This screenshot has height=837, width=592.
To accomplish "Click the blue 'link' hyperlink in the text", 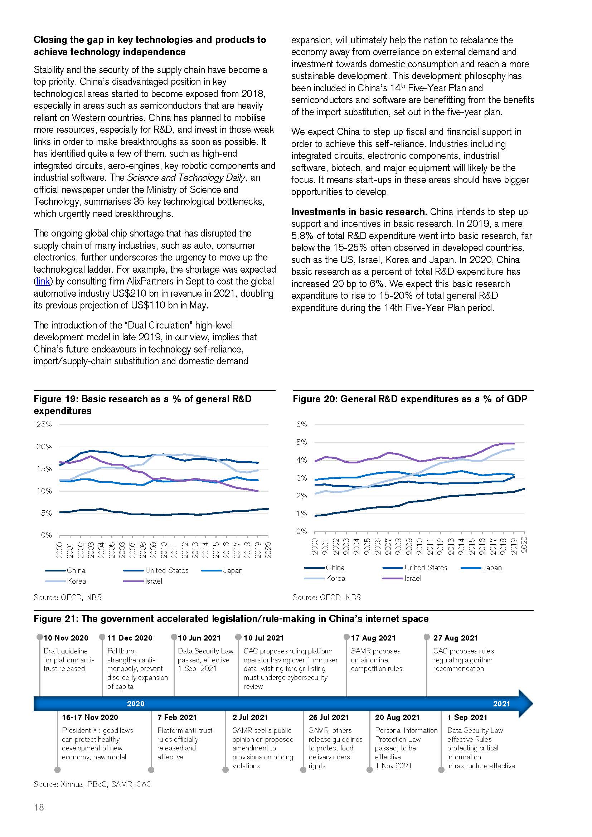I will [43, 281].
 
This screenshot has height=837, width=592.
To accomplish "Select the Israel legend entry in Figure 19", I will [154, 581].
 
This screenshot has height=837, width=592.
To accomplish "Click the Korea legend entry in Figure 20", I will [335, 578].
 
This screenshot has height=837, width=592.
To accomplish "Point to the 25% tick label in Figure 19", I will [44, 424].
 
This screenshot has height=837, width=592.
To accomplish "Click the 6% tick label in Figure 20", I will [301, 424].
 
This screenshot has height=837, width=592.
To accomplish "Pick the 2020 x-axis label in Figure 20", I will [525, 545].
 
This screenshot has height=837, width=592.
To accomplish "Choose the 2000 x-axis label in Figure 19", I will [59, 550].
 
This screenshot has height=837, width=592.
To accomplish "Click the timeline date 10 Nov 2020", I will [66, 638].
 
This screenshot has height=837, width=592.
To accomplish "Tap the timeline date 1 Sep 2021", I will [467, 717].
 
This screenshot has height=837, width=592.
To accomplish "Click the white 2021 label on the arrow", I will [501, 704].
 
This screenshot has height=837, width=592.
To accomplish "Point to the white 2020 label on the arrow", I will [136, 704].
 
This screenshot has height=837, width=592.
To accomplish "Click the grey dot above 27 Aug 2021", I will [427, 637].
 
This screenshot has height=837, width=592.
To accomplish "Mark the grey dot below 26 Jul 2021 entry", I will [303, 770].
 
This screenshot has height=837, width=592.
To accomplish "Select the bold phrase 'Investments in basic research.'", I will [359, 212].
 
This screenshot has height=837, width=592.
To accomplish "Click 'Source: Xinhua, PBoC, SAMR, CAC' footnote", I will [92, 784].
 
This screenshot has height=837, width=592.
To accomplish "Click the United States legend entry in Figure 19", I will [166, 570].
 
